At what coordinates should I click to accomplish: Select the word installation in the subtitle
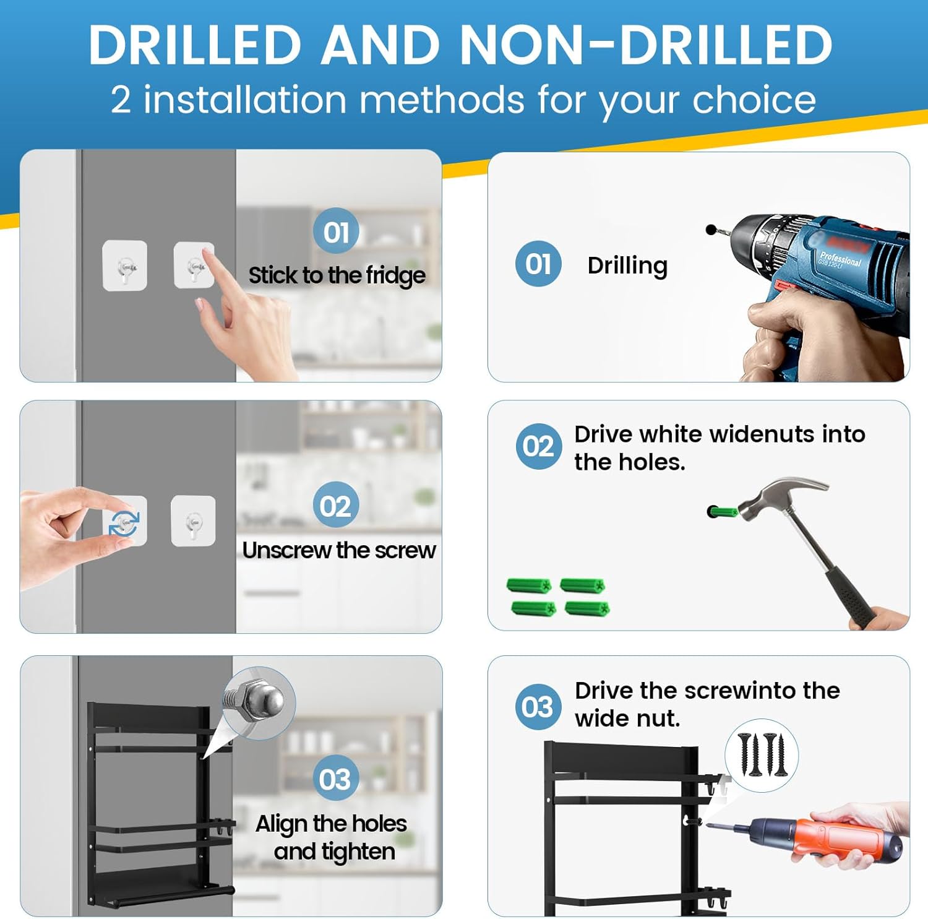tap(245, 100)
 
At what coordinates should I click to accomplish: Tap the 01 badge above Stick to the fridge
tap(336, 232)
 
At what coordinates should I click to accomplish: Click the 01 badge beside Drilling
tap(538, 264)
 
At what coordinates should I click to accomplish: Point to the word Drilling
tap(627, 266)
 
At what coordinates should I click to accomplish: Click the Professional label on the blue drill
tap(840, 258)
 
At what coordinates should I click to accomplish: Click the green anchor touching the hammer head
tap(722, 512)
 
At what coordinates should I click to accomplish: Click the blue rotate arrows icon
tap(124, 523)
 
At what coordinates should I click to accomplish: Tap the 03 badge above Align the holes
tap(335, 779)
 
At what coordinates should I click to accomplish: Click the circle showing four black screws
tap(762, 755)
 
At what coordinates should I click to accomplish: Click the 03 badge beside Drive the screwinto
tap(537, 707)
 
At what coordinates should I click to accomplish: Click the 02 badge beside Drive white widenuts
tap(538, 446)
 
